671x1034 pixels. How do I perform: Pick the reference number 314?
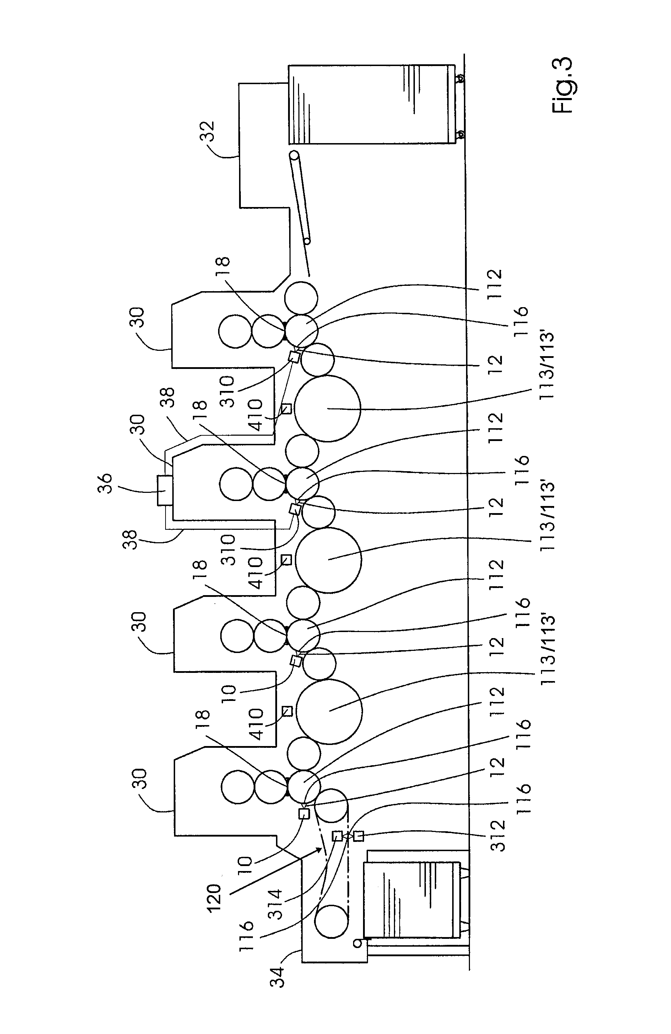click(275, 904)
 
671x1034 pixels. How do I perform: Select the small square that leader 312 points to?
click(358, 836)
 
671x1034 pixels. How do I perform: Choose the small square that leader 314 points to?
click(337, 836)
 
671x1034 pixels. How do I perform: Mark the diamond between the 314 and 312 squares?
click(348, 836)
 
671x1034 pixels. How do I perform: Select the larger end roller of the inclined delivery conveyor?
click(294, 155)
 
